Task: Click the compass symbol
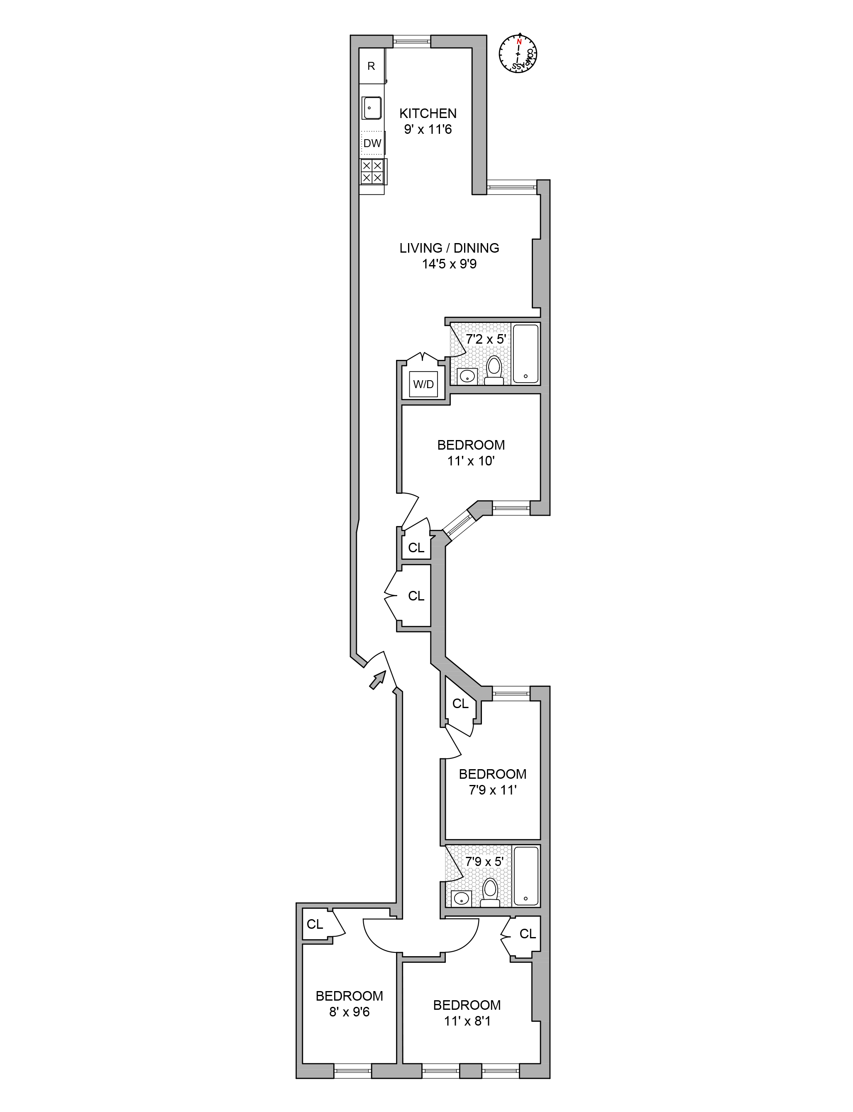[518, 53]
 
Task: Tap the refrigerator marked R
[371, 66]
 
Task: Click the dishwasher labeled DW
[372, 143]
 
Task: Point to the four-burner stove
[372, 171]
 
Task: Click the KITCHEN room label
[428, 113]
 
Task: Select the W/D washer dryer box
[423, 384]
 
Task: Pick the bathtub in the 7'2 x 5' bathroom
[525, 353]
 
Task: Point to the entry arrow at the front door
[377, 679]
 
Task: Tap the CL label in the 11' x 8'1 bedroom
[528, 934]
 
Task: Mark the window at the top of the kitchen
[412, 41]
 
